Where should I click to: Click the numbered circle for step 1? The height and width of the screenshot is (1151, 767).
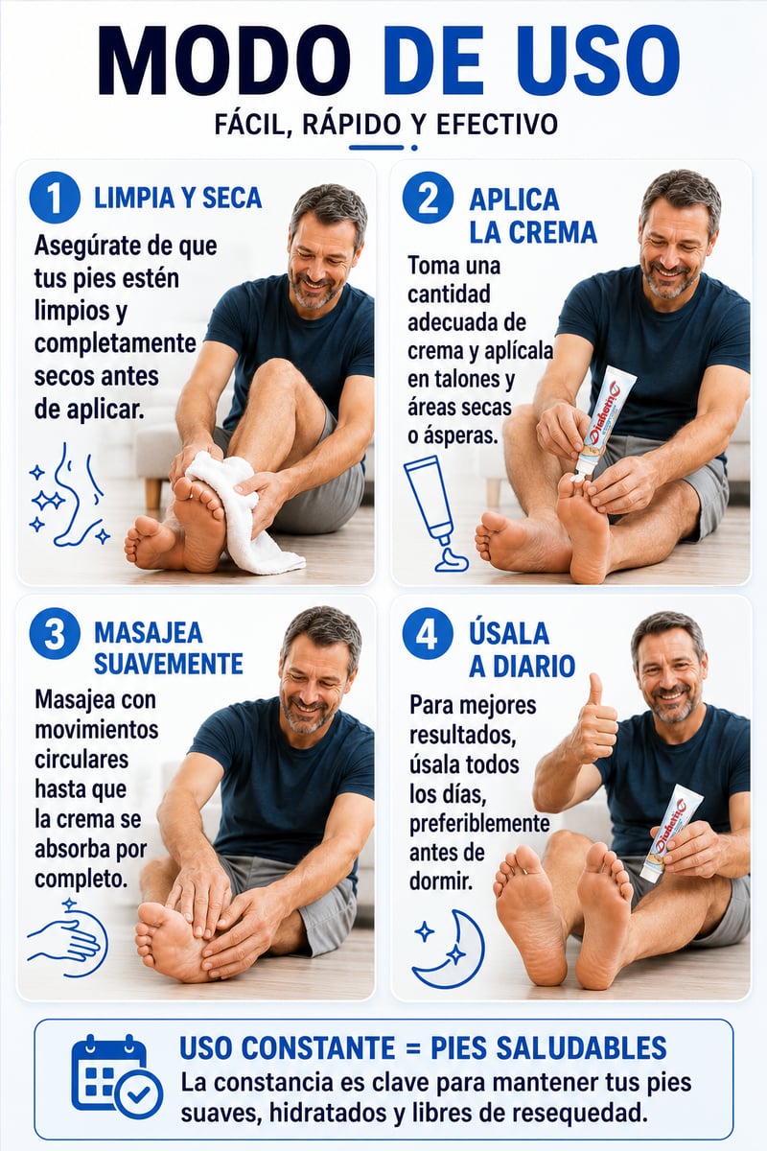[55, 199]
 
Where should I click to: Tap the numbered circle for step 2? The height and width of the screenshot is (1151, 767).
[428, 199]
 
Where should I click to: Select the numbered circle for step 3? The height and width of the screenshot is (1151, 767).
[55, 634]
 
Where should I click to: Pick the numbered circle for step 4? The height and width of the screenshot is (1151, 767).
[428, 634]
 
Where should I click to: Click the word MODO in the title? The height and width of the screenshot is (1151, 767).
[224, 59]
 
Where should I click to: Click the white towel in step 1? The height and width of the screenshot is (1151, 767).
[241, 511]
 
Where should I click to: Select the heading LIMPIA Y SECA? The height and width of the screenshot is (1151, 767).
[177, 199]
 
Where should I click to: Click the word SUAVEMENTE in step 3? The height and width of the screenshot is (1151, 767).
[169, 664]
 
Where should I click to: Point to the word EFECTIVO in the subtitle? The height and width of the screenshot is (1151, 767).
[497, 125]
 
